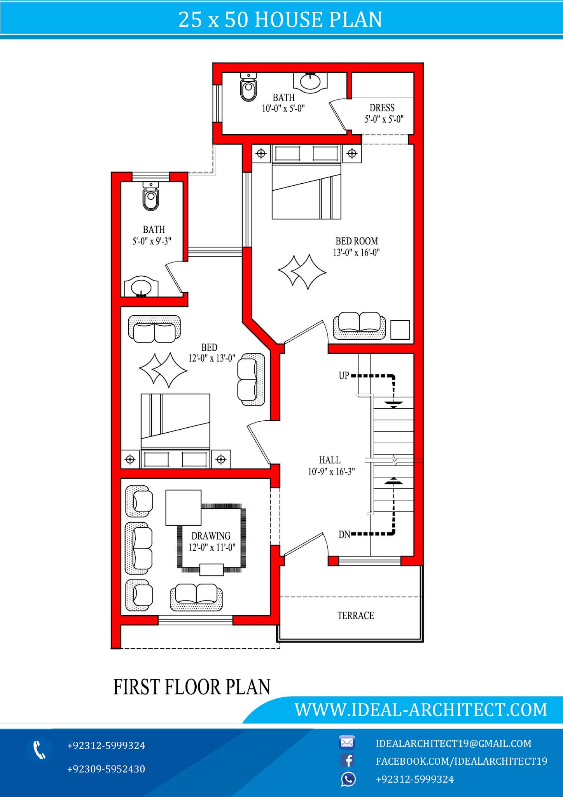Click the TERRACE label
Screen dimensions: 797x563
coord(355,615)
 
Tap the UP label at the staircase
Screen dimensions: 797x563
coord(344,376)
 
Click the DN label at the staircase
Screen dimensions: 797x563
coord(344,534)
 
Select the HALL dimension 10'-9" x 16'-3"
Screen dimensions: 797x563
coord(331,472)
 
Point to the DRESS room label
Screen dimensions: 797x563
coord(382,108)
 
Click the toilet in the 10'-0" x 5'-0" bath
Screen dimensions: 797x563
coord(248,87)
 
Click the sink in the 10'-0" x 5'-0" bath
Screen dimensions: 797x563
coord(310,82)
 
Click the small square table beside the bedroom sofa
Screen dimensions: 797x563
coord(400,330)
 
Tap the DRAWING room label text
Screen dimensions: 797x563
coord(211,536)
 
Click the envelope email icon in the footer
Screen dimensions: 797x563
coord(347,743)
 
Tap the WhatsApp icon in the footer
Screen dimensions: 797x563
coord(348,779)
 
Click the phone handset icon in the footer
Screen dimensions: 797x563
coord(39,750)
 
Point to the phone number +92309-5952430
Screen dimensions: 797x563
coord(106,769)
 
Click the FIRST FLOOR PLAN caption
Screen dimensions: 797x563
coord(192,687)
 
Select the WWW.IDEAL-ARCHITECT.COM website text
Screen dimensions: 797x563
coord(421,710)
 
